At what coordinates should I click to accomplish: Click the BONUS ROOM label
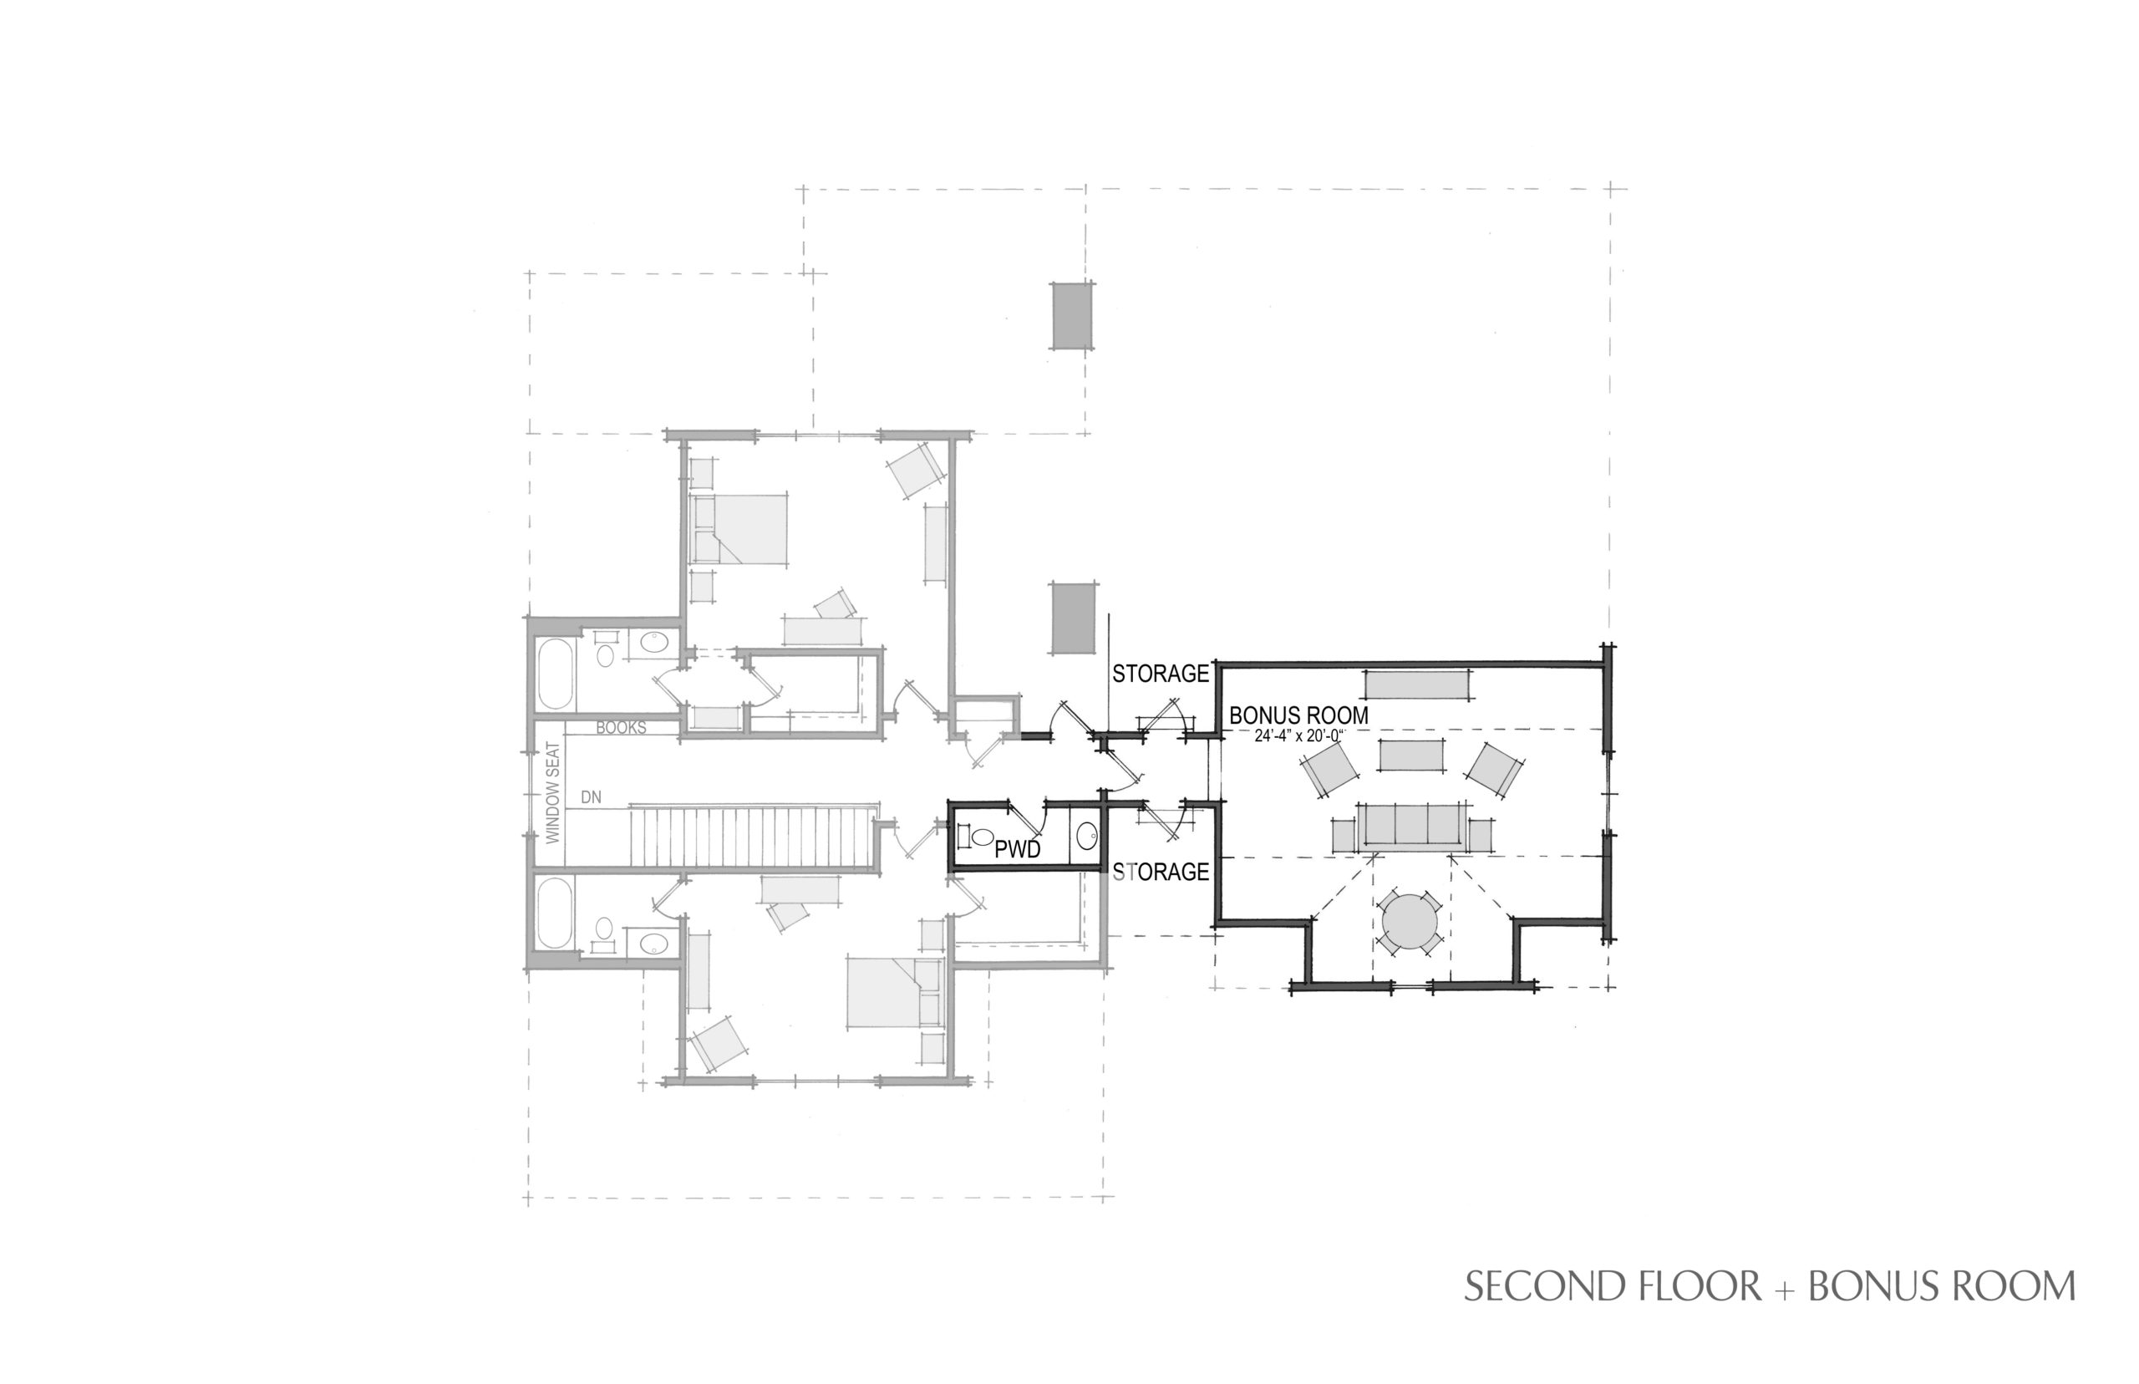[1298, 715]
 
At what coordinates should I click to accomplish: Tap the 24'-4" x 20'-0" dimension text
[1298, 735]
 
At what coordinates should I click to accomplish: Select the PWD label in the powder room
[1018, 849]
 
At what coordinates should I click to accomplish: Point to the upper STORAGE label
[1161, 673]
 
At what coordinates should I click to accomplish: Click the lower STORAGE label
[1161, 872]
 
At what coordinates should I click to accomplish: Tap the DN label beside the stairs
[591, 797]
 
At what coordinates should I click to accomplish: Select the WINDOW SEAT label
[553, 792]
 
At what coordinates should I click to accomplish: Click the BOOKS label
[621, 728]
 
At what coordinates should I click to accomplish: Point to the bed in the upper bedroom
[739, 529]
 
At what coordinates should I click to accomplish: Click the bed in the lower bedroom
[894, 992]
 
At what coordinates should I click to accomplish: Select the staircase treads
[751, 837]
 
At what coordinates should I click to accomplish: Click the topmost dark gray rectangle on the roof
[1073, 315]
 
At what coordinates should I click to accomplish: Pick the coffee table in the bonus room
[1410, 755]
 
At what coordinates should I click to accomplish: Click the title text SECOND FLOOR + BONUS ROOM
[1770, 1287]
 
